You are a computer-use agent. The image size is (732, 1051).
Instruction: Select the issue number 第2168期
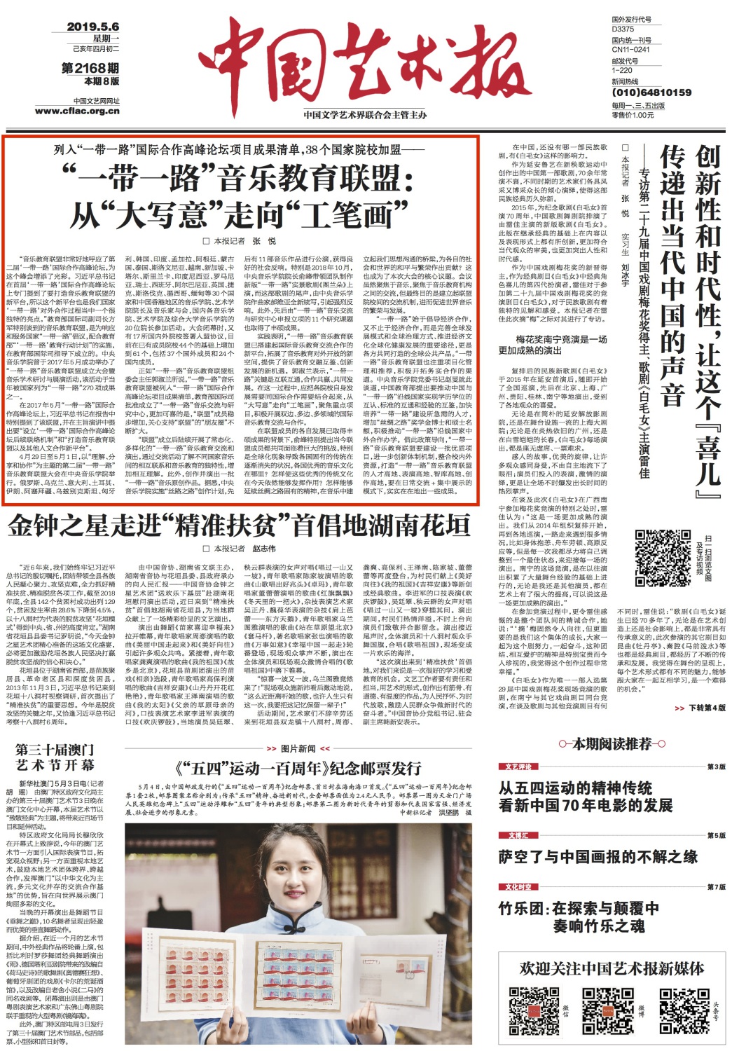(x=90, y=68)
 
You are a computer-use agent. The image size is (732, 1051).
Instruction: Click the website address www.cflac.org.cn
(x=77, y=111)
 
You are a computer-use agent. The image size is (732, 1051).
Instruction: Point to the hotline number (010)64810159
(x=651, y=92)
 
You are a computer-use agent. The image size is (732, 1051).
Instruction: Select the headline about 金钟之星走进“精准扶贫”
(x=238, y=525)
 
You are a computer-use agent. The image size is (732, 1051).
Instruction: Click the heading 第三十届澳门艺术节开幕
(x=55, y=757)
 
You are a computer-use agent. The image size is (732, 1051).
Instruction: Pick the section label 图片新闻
(x=298, y=748)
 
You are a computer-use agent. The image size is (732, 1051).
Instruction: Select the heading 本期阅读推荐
(x=612, y=744)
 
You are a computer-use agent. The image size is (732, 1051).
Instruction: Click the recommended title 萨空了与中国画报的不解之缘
(x=598, y=856)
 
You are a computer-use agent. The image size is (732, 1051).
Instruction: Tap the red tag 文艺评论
(x=518, y=767)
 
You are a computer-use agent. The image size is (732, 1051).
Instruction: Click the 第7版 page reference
(x=715, y=887)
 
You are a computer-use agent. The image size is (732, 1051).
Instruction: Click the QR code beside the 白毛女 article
(x=657, y=549)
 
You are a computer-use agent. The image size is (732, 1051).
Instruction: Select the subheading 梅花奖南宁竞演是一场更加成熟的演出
(x=552, y=345)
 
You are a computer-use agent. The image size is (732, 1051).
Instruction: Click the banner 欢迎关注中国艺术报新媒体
(x=611, y=968)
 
